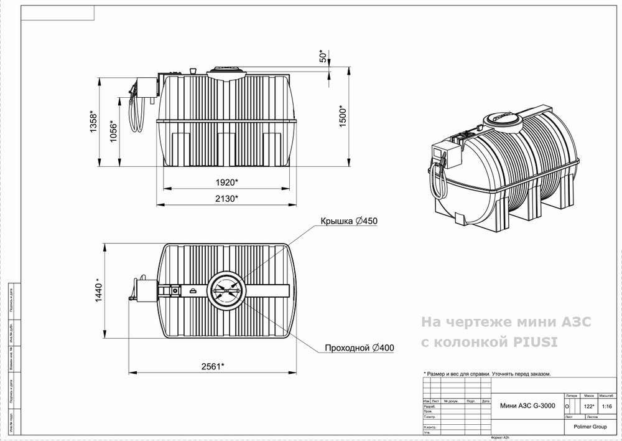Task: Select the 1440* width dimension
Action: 99,290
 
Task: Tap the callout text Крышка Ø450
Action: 349,222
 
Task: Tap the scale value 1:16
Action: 608,406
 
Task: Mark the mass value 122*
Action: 588,406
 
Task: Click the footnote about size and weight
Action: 488,374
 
